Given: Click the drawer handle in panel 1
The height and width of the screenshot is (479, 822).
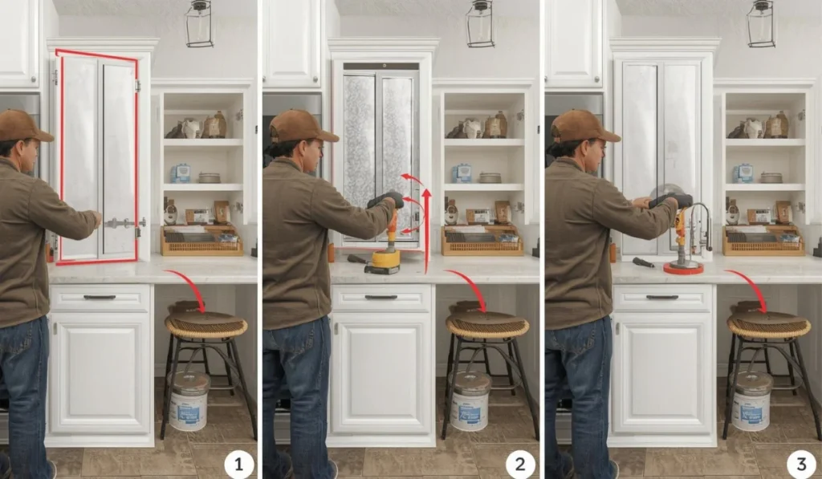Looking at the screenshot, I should pyautogui.click(x=100, y=297).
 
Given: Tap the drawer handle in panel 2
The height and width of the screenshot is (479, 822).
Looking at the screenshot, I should pyautogui.click(x=380, y=297).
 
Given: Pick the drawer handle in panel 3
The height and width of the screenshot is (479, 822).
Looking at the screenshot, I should pyautogui.click(x=661, y=297).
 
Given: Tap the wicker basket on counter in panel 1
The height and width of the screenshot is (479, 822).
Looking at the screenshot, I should pyautogui.click(x=201, y=242).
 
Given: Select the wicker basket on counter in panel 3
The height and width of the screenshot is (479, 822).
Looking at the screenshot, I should pyautogui.click(x=763, y=242).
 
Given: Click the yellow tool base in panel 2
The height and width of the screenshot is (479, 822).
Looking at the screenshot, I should pyautogui.click(x=386, y=259).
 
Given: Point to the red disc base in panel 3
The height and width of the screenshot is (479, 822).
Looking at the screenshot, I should pyautogui.click(x=683, y=268).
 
